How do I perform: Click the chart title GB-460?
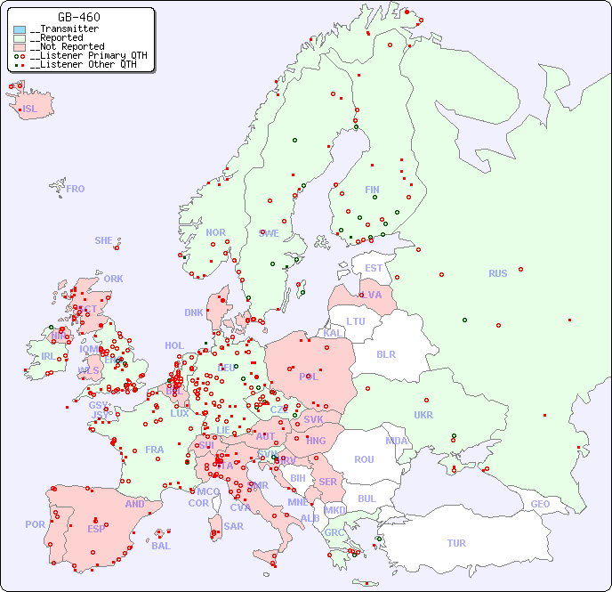pyautogui.click(x=78, y=17)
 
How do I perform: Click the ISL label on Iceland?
pyautogui.click(x=29, y=109)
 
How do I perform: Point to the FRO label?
pyautogui.click(x=75, y=189)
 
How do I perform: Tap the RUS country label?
pyautogui.click(x=497, y=273)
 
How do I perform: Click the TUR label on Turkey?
pyautogui.click(x=456, y=543)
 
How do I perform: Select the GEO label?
pyautogui.click(x=540, y=504)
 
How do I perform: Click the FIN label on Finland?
pyautogui.click(x=372, y=190)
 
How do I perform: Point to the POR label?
pyautogui.click(x=35, y=524)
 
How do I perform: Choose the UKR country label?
pyautogui.click(x=423, y=415)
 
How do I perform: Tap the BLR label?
pyautogui.click(x=385, y=353)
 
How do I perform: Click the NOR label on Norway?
pyautogui.click(x=215, y=232)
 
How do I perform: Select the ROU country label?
pyautogui.click(x=364, y=459)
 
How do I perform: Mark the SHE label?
pyautogui.click(x=104, y=240)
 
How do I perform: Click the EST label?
pyautogui.click(x=374, y=268)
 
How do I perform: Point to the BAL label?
pyautogui.click(x=160, y=546)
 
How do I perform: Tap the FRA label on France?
pyautogui.click(x=155, y=450)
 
